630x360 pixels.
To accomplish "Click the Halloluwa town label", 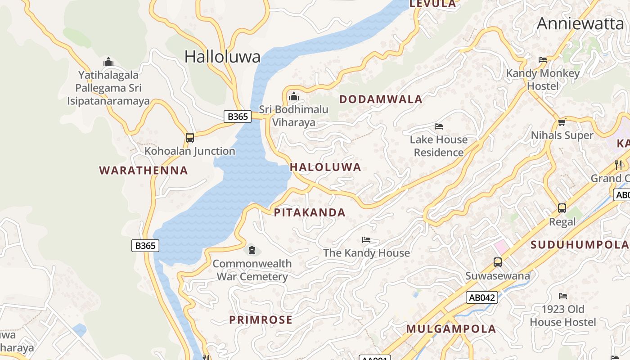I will pyautogui.click(x=222, y=57).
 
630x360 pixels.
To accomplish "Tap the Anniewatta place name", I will pyautogui.click(x=580, y=23).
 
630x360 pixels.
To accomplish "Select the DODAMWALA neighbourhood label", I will pyautogui.click(x=381, y=99).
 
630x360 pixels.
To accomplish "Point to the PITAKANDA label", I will pyautogui.click(x=310, y=213).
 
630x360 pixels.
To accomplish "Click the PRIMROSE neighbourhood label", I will pyautogui.click(x=261, y=320).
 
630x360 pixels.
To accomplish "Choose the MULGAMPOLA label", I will pyautogui.click(x=451, y=329).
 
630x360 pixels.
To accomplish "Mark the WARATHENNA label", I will pyautogui.click(x=144, y=171).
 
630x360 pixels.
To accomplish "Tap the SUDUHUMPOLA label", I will pyautogui.click(x=580, y=245).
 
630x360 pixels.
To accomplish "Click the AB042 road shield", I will pyautogui.click(x=481, y=297).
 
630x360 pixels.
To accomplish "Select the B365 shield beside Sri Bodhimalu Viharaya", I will pyautogui.click(x=237, y=117).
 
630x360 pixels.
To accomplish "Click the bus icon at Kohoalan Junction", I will pyautogui.click(x=190, y=138).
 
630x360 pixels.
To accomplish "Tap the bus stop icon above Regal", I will pyautogui.click(x=562, y=208).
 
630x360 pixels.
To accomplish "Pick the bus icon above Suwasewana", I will pyautogui.click(x=497, y=262).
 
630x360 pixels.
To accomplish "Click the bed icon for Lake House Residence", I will pyautogui.click(x=439, y=126).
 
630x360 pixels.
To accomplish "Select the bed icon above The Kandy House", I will pyautogui.click(x=366, y=240).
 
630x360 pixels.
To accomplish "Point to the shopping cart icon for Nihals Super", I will pyautogui.click(x=562, y=122).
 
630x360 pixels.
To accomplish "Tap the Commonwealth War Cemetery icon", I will pyautogui.click(x=252, y=250).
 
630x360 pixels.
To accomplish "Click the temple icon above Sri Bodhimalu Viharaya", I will pyautogui.click(x=293, y=96).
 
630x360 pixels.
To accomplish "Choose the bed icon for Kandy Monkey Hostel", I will pyautogui.click(x=543, y=60).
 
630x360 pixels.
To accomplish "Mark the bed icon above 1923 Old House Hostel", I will pyautogui.click(x=562, y=296).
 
